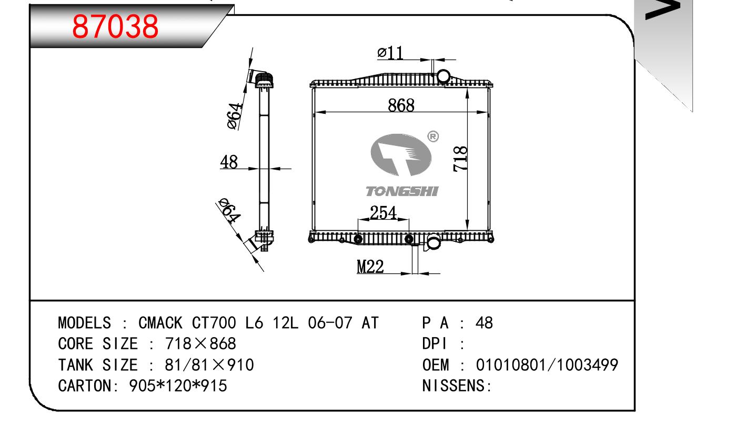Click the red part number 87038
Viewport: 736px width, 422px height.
[115, 26]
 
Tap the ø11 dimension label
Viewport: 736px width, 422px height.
[390, 53]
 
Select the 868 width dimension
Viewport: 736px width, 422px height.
[401, 105]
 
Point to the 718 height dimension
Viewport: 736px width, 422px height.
[459, 159]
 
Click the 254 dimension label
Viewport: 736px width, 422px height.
[382, 213]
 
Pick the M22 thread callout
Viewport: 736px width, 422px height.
[370, 267]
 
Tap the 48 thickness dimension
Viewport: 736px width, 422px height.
[229, 162]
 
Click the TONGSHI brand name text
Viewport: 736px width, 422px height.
[402, 191]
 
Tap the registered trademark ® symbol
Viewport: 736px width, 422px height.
[433, 137]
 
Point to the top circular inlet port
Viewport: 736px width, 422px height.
[443, 77]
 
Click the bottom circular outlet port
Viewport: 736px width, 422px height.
[433, 243]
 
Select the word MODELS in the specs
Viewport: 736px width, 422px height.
[84, 323]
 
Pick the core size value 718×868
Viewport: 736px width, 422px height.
[200, 344]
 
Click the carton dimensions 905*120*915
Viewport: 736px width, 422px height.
[178, 386]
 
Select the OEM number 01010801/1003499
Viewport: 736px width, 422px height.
[547, 365]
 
